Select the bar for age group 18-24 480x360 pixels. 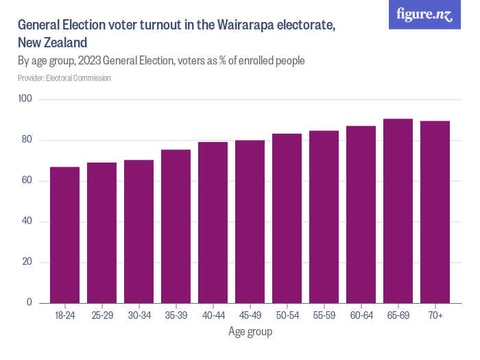[64, 235]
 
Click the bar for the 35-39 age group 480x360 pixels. [176, 226]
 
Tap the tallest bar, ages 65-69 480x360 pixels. [398, 211]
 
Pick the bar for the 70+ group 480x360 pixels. [435, 212]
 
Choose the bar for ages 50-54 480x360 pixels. [287, 218]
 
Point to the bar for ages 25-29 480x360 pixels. [101, 233]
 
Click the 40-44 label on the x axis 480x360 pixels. [213, 315]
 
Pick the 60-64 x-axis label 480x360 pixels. [361, 315]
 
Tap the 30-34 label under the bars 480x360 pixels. [139, 315]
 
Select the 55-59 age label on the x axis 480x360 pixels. [324, 315]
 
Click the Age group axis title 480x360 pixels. [250, 332]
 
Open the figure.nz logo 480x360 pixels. [424, 15]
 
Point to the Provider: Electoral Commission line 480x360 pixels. [64, 78]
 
